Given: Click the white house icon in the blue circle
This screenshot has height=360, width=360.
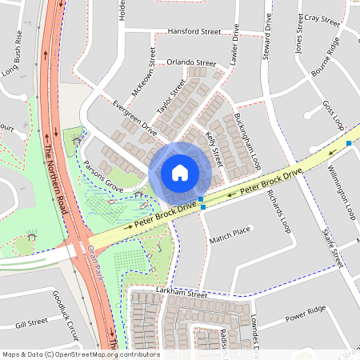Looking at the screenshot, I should tap(180, 172).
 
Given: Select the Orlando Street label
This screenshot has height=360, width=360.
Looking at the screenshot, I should tap(191, 62).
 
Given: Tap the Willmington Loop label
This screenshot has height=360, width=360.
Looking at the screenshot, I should tap(344, 192).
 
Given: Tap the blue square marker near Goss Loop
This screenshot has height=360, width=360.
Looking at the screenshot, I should tap(349, 143).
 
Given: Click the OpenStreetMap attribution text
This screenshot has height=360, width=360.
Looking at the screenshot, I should tap(80, 354).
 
